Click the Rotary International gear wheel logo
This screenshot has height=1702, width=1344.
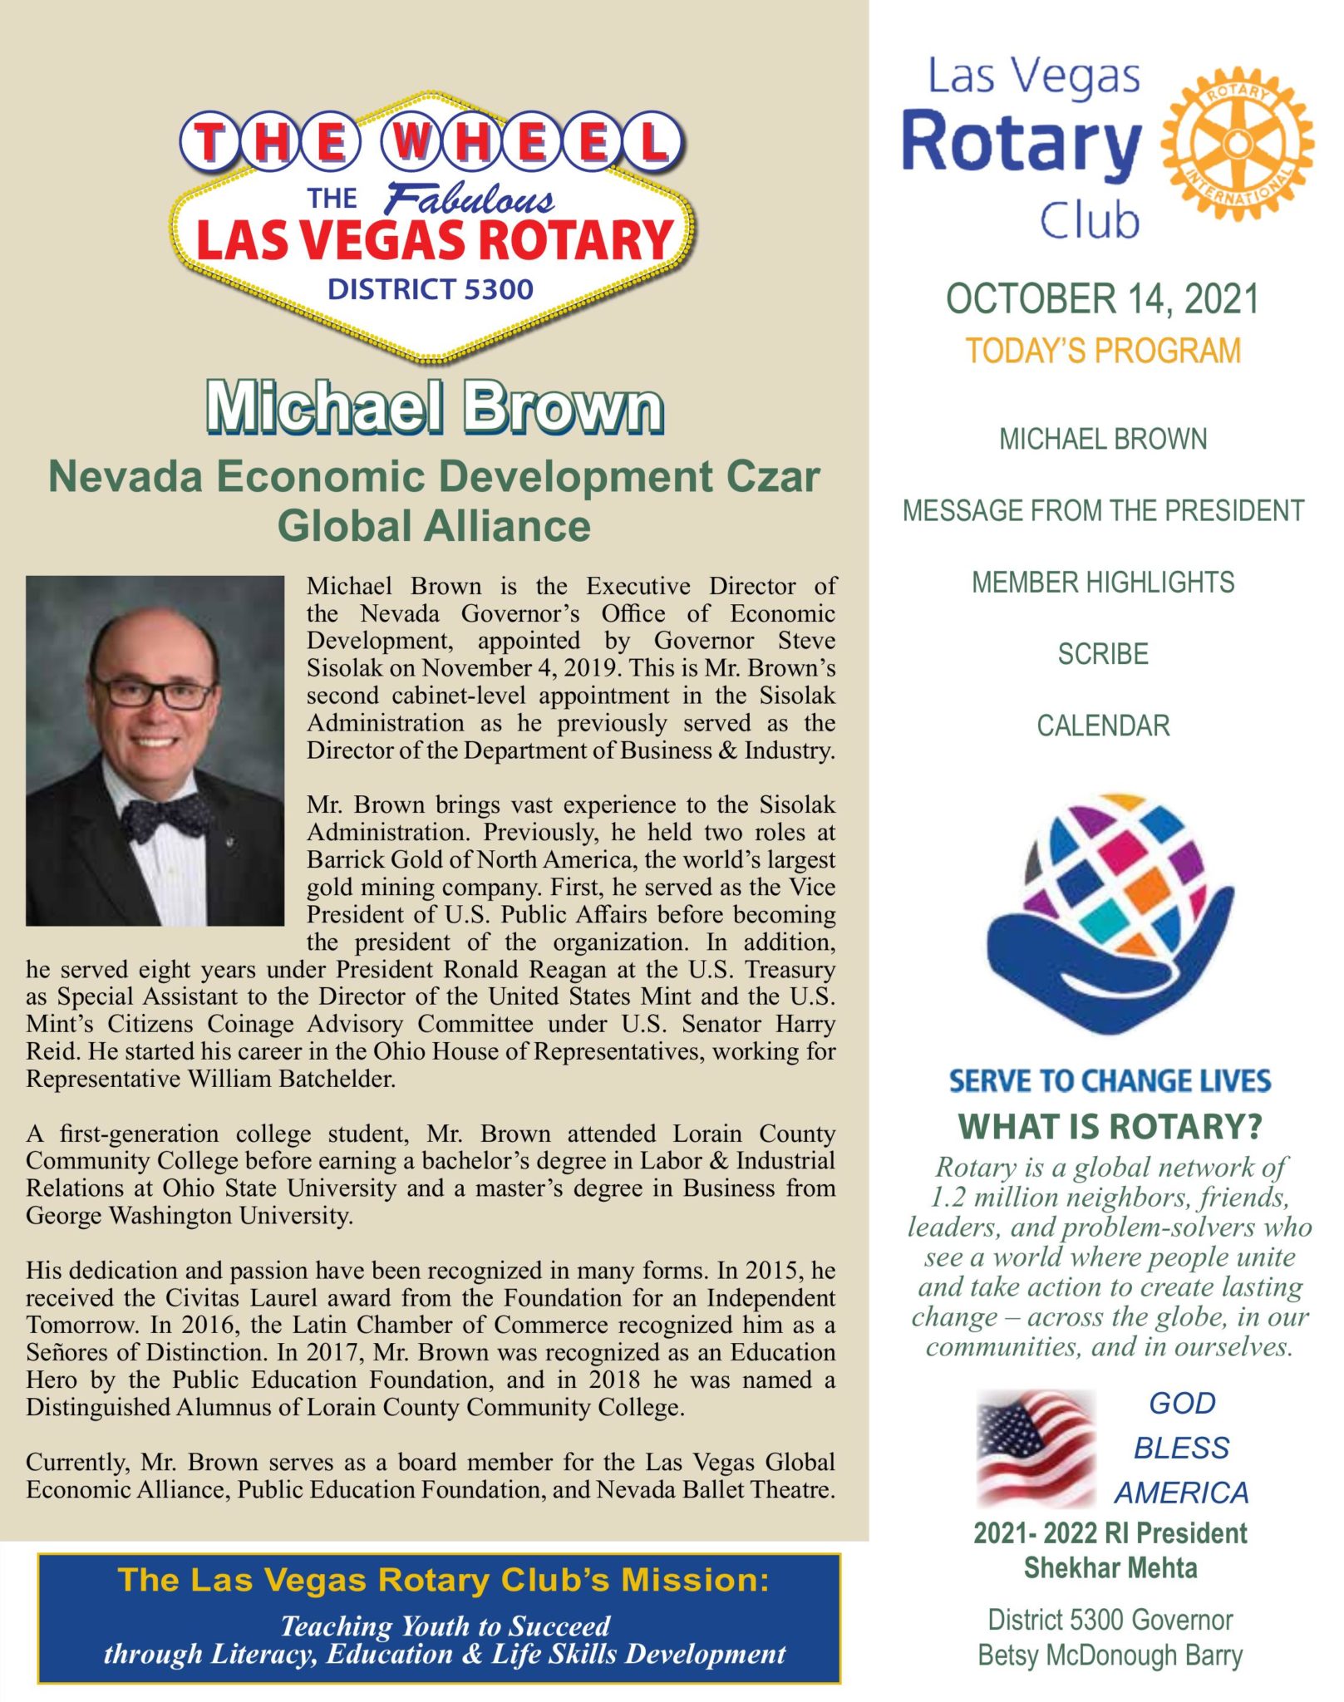point(1237,143)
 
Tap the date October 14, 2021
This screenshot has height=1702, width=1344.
point(1102,299)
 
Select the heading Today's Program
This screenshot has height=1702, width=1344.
point(1102,352)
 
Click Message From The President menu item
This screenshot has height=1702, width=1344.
point(1103,510)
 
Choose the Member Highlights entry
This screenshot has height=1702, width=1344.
point(1103,583)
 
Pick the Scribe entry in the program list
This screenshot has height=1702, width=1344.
point(1103,655)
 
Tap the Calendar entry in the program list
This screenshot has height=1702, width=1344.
point(1103,726)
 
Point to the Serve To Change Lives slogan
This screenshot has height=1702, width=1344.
point(1110,1080)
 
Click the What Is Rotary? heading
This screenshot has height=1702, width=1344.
point(1110,1127)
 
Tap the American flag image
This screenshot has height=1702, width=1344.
point(1036,1448)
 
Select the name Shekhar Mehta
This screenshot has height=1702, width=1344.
point(1110,1568)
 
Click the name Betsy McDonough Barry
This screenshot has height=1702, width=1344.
point(1110,1655)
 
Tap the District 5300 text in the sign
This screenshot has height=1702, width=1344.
point(430,289)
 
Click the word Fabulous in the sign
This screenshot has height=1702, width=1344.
point(470,199)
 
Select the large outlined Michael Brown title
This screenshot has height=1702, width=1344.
point(435,407)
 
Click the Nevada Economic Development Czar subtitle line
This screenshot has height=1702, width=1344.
point(434,477)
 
